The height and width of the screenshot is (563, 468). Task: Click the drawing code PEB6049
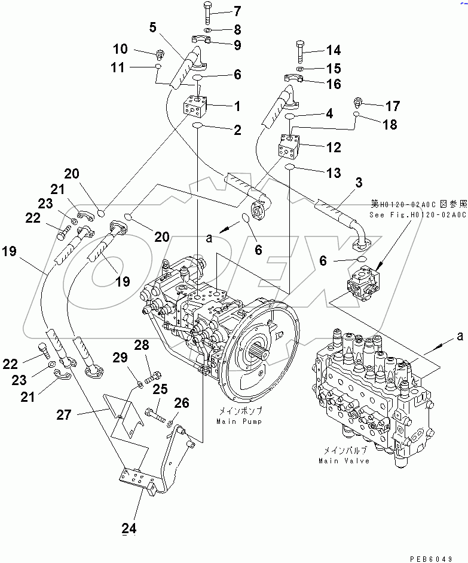(431, 558)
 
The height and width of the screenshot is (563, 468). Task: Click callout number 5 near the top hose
(153, 27)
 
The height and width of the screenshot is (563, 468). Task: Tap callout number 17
(392, 107)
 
